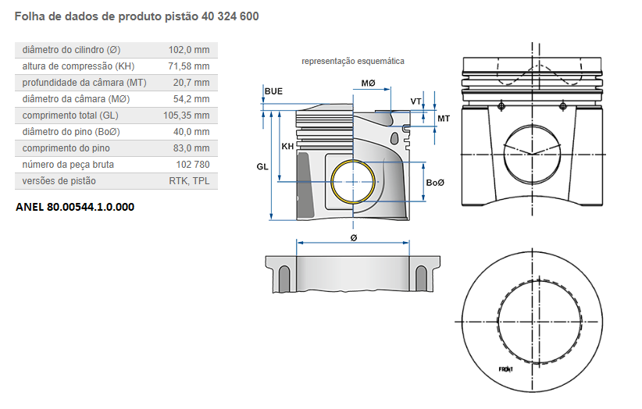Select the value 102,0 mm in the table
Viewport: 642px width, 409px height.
[x=189, y=49]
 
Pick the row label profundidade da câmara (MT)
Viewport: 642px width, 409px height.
[x=84, y=82]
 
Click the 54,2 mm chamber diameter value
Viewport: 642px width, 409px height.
[x=191, y=98]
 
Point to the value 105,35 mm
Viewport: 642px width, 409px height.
[x=186, y=115]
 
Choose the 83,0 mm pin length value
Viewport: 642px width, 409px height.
[x=191, y=148]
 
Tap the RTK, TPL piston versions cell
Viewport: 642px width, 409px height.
[x=189, y=180]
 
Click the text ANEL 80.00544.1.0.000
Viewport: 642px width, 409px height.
[x=75, y=207]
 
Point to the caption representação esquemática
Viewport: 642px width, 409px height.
[x=353, y=61]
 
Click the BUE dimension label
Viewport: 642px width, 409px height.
[x=273, y=91]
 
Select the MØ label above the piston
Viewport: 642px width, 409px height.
[x=369, y=83]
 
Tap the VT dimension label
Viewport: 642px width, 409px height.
[x=416, y=101]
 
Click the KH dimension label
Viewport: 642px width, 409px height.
[x=287, y=146]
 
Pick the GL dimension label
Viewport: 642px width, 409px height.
[x=262, y=166]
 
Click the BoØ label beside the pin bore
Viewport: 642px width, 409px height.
[x=435, y=182]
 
